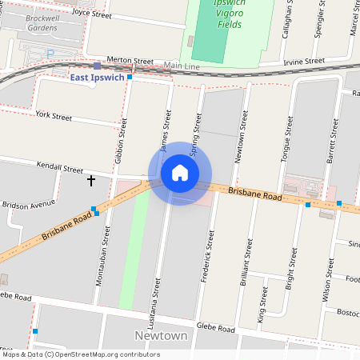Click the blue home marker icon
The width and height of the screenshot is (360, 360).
180,173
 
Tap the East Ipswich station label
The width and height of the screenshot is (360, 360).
96,77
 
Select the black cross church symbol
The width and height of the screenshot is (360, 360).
91,181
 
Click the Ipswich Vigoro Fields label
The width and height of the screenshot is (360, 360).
219,14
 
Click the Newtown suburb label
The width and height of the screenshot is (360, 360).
161,335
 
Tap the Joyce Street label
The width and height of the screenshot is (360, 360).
92,13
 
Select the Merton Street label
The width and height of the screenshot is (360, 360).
130,61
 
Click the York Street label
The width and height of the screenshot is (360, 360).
54,117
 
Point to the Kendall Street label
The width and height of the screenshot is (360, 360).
60,169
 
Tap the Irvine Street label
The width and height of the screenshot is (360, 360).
304,61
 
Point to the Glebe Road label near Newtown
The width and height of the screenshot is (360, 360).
216,329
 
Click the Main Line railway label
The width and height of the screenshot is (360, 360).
182,65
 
